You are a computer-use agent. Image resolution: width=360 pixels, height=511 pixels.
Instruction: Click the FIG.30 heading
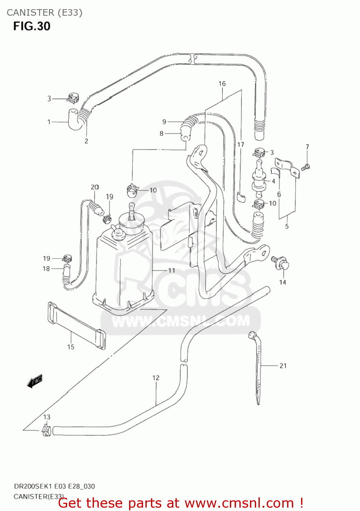tap(32, 26)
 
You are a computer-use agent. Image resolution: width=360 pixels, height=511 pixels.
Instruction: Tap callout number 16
tap(222, 84)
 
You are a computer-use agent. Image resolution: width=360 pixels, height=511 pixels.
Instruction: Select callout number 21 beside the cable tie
tap(283, 366)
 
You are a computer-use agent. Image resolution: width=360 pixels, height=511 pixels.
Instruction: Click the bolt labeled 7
tap(306, 167)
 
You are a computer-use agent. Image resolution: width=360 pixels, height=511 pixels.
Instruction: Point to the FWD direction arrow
tap(35, 381)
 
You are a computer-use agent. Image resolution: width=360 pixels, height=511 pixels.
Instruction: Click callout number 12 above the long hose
tap(156, 378)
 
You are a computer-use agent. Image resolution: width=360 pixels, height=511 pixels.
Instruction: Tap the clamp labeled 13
tap(46, 431)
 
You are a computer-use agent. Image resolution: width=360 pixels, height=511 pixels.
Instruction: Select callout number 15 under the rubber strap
tap(71, 347)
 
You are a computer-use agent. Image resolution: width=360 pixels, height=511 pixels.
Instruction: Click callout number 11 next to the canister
tap(172, 270)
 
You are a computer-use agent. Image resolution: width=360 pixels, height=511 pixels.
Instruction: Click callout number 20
tap(95, 187)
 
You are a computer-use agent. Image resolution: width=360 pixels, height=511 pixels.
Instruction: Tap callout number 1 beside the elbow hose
tap(49, 122)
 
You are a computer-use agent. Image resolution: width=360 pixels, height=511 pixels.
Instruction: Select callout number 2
tap(86, 141)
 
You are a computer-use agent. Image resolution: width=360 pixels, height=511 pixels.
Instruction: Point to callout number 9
tap(164, 122)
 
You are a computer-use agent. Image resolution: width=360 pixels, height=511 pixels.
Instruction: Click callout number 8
tap(161, 134)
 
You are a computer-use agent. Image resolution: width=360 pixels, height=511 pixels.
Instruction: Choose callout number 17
tap(241, 145)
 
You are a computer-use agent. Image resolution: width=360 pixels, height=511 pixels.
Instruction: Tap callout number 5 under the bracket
tap(287, 226)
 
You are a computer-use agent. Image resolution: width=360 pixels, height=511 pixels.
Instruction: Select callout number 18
tap(46, 269)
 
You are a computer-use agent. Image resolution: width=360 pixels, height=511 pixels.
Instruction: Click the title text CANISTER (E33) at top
tap(44, 13)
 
